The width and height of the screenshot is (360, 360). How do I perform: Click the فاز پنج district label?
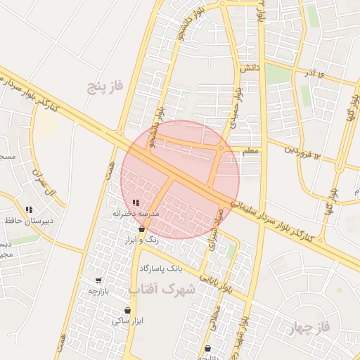click(x=105, y=86)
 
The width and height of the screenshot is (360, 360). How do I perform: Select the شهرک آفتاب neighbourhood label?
click(x=160, y=289)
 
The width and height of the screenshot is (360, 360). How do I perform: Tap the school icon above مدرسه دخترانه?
click(x=136, y=202)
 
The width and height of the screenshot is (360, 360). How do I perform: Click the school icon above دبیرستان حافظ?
click(x=29, y=210)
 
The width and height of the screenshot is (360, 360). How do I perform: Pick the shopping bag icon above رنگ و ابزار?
click(x=142, y=229)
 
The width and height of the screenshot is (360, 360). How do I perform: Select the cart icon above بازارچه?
click(x=98, y=281)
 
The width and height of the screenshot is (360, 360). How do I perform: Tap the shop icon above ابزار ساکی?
click(x=127, y=310)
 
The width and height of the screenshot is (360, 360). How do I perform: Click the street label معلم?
click(x=250, y=150)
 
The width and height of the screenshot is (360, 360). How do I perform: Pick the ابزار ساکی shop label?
click(x=127, y=321)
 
